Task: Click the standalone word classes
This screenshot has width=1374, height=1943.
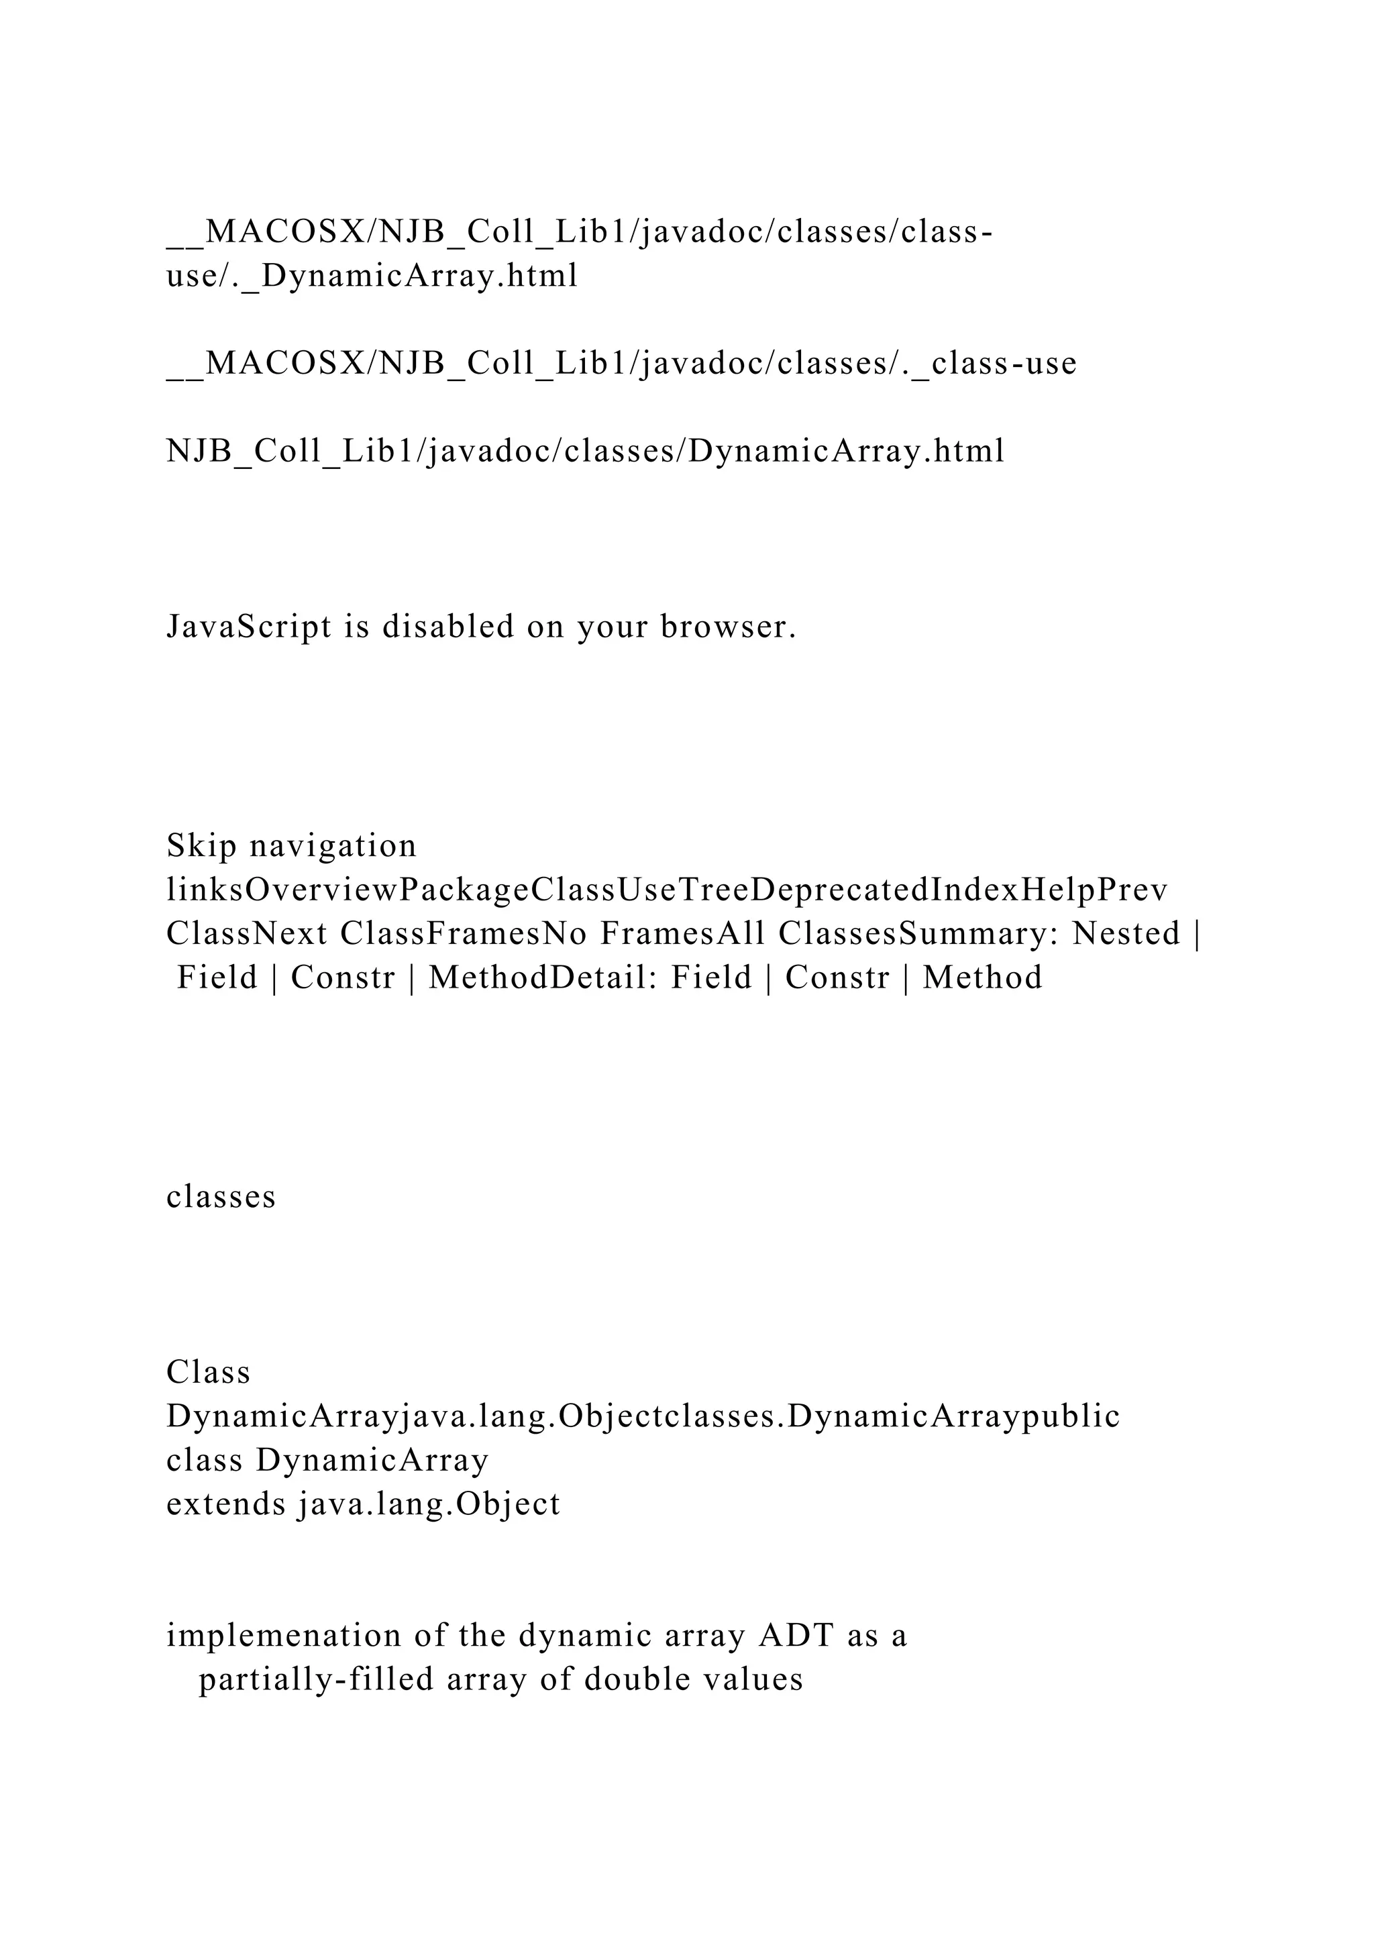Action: tap(221, 1198)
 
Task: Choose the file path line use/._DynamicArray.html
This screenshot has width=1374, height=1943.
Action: tap(372, 276)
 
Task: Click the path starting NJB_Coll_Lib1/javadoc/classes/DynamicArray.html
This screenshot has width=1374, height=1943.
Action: tap(586, 451)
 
